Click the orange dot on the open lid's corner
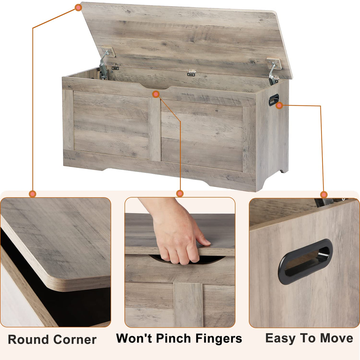click(x=78, y=8)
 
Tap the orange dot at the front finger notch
click(x=156, y=94)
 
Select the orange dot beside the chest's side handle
click(x=279, y=105)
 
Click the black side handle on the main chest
click(x=274, y=100)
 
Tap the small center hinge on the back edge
click(x=192, y=73)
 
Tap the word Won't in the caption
click(x=134, y=338)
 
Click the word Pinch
click(x=173, y=338)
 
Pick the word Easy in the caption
click(x=281, y=338)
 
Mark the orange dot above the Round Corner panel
click(x=33, y=194)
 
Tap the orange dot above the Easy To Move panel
click(x=324, y=195)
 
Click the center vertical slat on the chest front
click(x=154, y=129)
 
